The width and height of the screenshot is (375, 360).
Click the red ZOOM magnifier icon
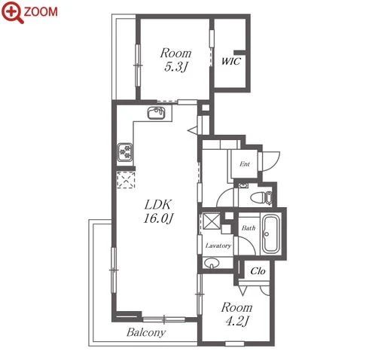[x=12, y=12]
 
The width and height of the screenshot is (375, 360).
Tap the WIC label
[x=231, y=61]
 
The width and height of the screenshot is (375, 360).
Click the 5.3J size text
[x=175, y=67]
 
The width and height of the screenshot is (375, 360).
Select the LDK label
[x=158, y=205]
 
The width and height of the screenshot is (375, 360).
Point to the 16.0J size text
[x=158, y=218]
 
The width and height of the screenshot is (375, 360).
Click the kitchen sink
[x=156, y=113]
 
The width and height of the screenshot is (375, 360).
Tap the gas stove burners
[x=125, y=152]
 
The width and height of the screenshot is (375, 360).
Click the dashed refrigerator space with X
[x=126, y=180]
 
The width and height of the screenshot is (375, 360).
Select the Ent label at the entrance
[x=245, y=164]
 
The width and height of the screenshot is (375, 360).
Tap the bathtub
[x=270, y=233]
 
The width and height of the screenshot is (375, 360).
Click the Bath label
[x=248, y=228]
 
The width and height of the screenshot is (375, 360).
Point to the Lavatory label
[x=218, y=246]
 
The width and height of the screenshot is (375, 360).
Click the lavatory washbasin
[x=212, y=264]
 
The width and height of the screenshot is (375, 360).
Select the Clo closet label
[x=258, y=271]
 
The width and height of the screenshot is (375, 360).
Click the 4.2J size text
[x=237, y=321]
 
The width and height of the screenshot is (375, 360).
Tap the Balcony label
[x=146, y=332]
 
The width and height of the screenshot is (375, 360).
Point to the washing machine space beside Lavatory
[x=212, y=221]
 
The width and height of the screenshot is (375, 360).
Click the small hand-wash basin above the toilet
[x=243, y=186]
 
